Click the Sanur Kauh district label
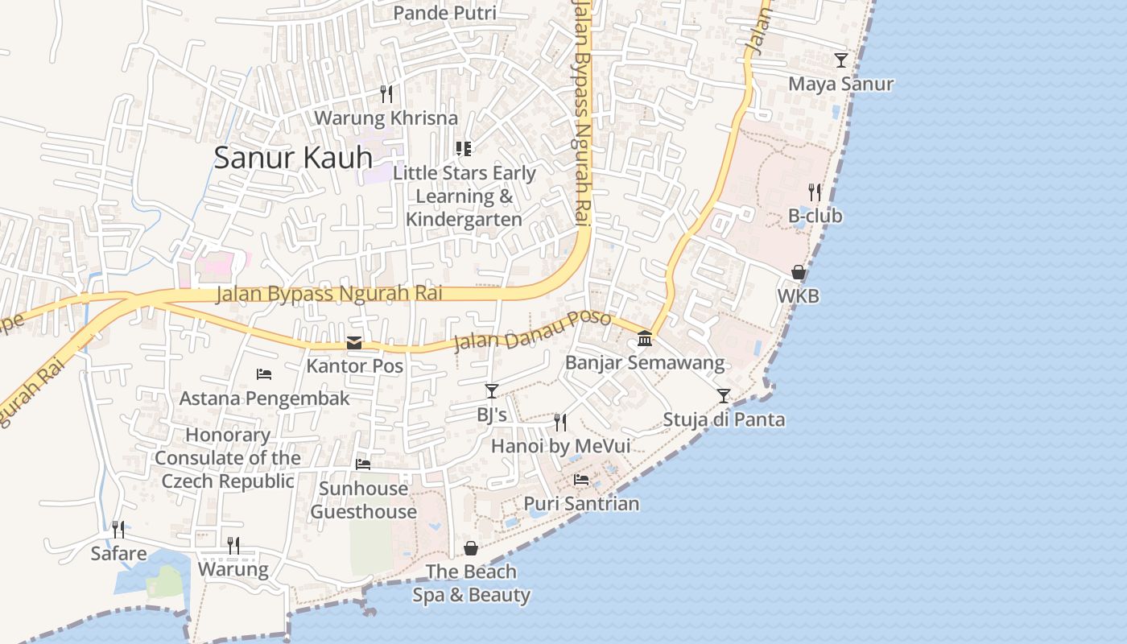pyautogui.click(x=293, y=158)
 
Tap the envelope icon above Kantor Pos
pyautogui.click(x=353, y=343)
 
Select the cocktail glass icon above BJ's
pyautogui.click(x=492, y=391)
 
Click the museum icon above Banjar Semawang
pyautogui.click(x=645, y=339)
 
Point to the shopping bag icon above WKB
pyautogui.click(x=799, y=273)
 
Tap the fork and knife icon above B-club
pyautogui.click(x=815, y=192)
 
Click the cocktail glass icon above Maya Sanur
pyautogui.click(x=841, y=60)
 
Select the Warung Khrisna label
pyautogui.click(x=386, y=118)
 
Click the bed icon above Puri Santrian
pyautogui.click(x=581, y=480)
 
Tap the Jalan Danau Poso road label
pyautogui.click(x=532, y=330)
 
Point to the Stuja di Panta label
pyautogui.click(x=724, y=419)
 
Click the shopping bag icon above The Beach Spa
pyautogui.click(x=471, y=548)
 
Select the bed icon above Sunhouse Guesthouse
pyautogui.click(x=363, y=464)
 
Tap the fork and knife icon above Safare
pyautogui.click(x=118, y=529)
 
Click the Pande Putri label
pyautogui.click(x=444, y=13)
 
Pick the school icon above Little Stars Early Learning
pyautogui.click(x=464, y=148)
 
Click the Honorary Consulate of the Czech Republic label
pyautogui.click(x=228, y=458)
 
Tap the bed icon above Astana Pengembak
pyautogui.click(x=264, y=374)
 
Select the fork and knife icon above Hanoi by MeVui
pyautogui.click(x=560, y=422)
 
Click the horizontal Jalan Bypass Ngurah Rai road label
pyautogui.click(x=329, y=294)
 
